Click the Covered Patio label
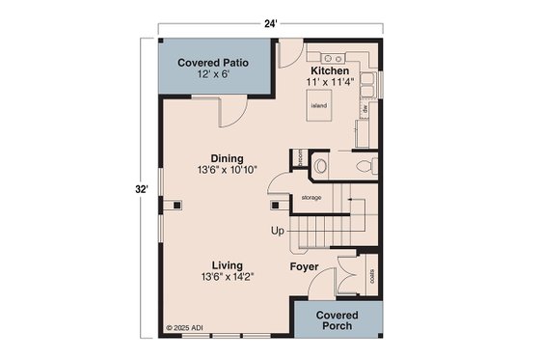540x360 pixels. pos(213,63)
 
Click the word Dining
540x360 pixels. pos(228,158)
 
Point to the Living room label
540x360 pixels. pos(228,264)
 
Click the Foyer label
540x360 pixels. pos(305,265)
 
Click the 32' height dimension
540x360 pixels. pos(141,190)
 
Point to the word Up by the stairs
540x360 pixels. pos(278,232)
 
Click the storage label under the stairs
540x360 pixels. pos(310,197)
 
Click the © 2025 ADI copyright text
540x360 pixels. pos(185,329)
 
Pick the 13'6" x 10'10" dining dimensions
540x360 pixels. pos(228,172)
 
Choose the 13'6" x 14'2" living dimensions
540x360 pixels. pos(228,278)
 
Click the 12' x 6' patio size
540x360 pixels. pos(213,75)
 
